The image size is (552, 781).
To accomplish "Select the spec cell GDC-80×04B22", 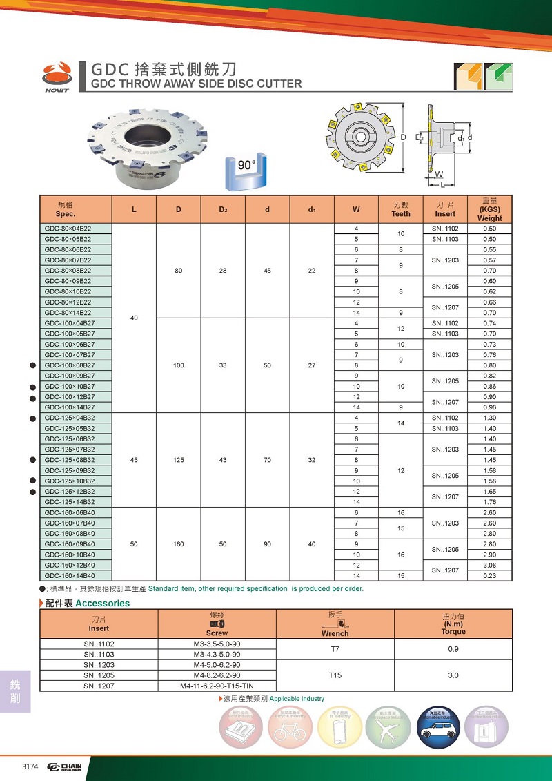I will pos(68,229).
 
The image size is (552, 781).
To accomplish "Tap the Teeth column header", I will pos(401,209).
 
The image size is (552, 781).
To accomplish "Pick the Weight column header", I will pos(490,209).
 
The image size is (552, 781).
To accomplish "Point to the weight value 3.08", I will pos(490,565).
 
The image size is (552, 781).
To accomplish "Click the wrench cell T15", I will pos(335,675).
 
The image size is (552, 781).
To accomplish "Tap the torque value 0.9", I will pos(453,649).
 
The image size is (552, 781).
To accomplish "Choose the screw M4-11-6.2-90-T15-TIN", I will pos(217,686).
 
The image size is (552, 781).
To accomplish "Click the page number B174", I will pos(30,768).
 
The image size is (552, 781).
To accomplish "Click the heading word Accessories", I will pos(102,603).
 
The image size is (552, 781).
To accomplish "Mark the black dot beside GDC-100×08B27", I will pos(33,365).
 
